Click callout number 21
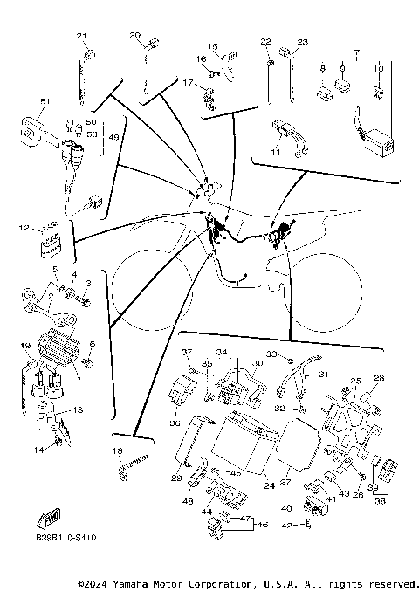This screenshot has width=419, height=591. (x=82, y=36)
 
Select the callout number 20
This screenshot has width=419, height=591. (x=134, y=36)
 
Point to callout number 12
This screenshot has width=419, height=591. (x=24, y=228)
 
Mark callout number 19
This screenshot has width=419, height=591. (x=24, y=346)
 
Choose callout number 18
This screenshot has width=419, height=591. (x=117, y=450)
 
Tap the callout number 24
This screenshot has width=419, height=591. (x=269, y=484)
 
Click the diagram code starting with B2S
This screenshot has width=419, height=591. (x=66, y=541)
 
